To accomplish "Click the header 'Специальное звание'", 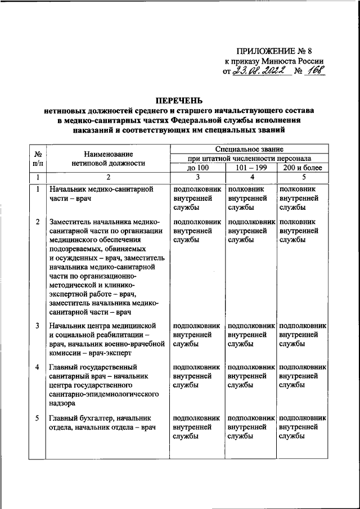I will [249, 149].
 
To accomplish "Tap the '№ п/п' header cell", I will [37, 159].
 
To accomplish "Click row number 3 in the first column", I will [37, 326].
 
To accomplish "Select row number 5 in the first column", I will [37, 418].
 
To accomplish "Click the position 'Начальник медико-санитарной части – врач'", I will [101, 194].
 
